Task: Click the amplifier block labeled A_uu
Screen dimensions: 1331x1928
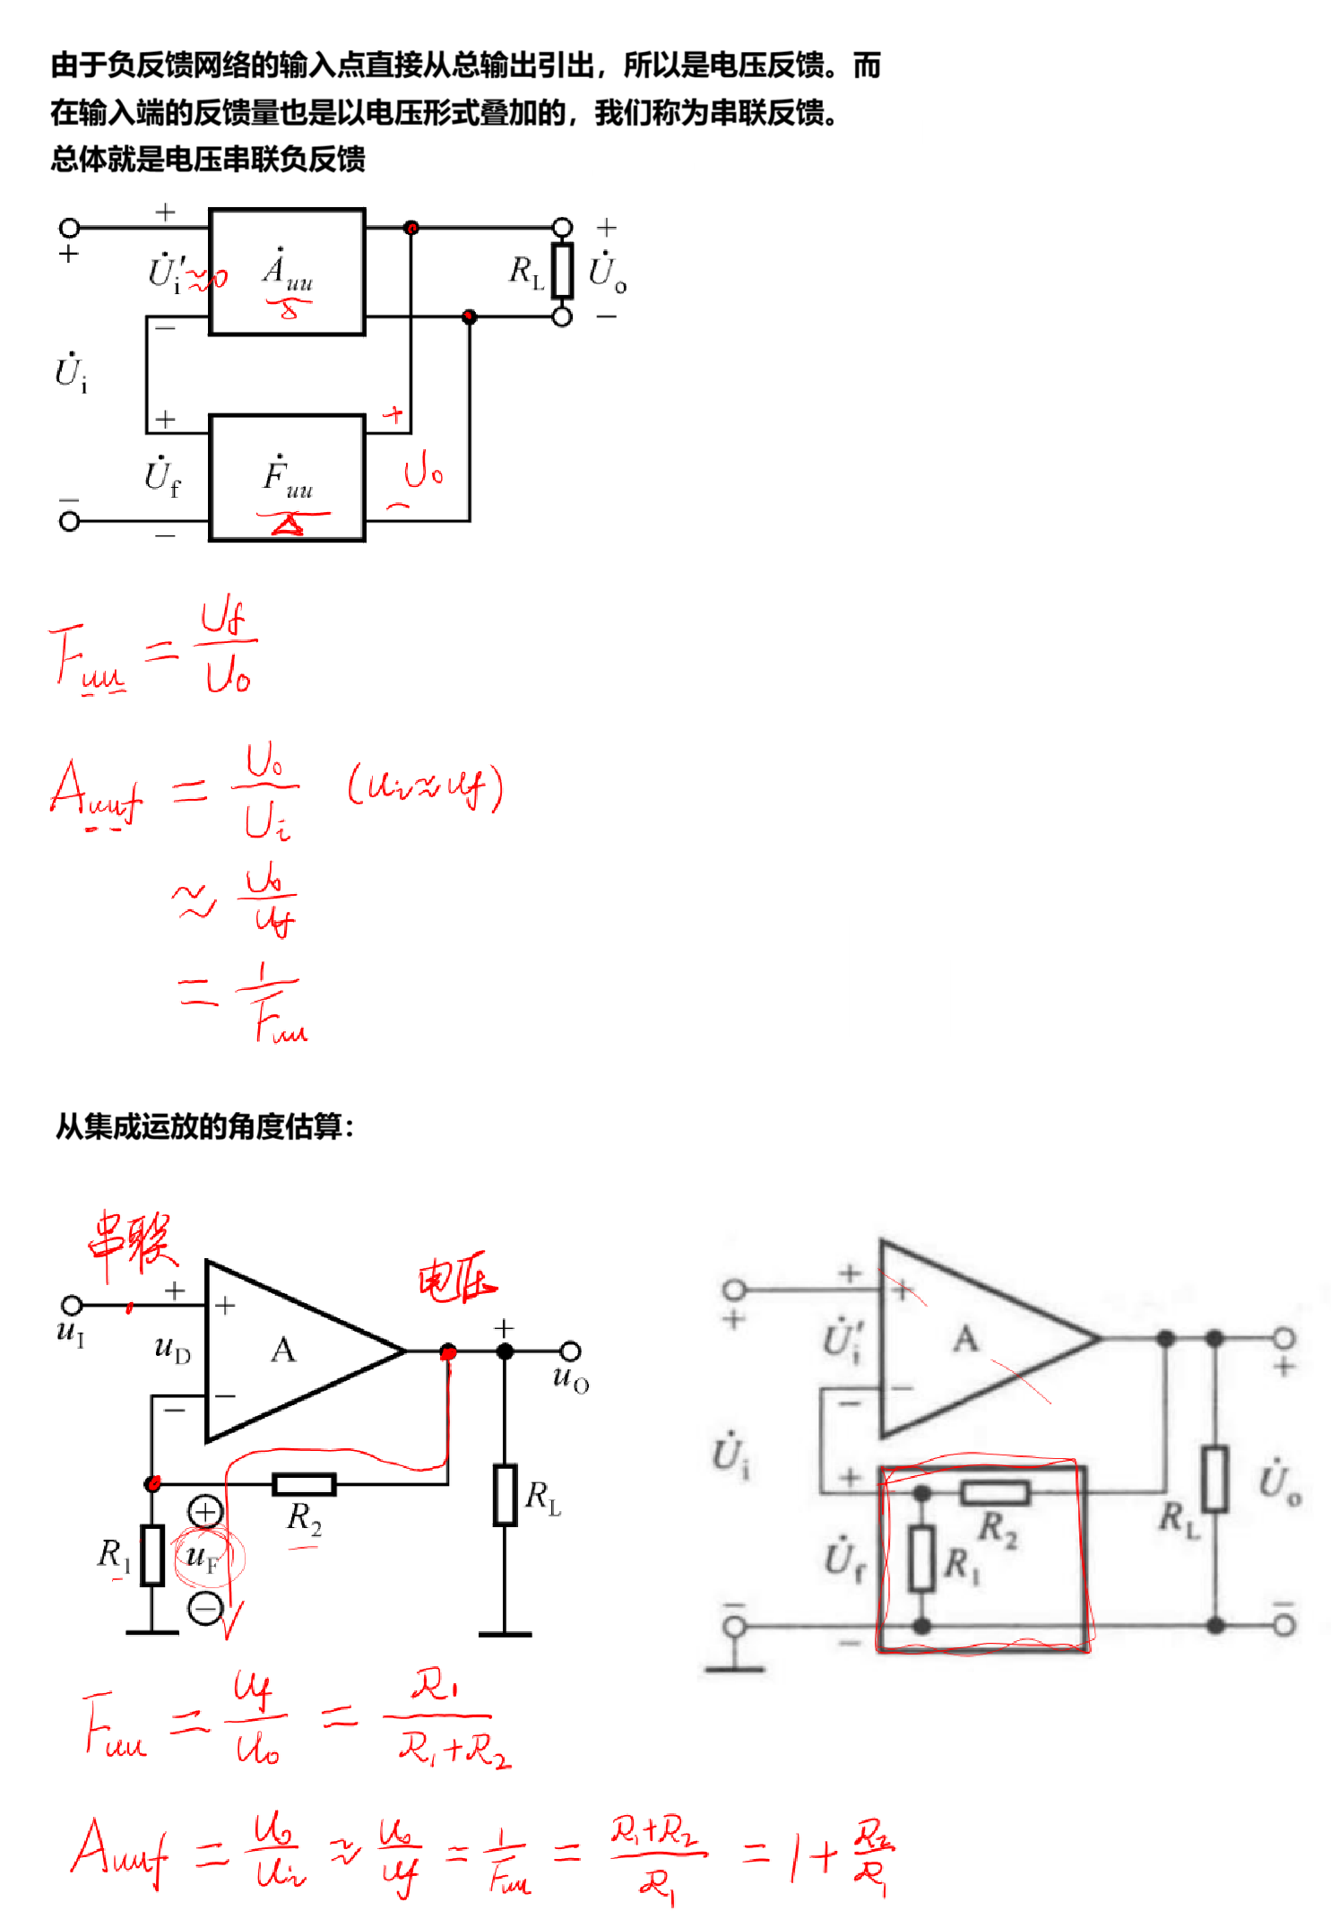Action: pos(287,272)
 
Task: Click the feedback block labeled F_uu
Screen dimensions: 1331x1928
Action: pos(287,478)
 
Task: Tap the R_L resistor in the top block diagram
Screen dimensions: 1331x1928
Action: pos(562,271)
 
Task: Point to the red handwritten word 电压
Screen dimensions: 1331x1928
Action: pos(456,1279)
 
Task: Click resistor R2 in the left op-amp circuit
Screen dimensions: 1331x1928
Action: pos(304,1484)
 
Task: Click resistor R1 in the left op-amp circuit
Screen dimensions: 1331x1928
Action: pos(153,1555)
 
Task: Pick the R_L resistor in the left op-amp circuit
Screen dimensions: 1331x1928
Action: pos(506,1495)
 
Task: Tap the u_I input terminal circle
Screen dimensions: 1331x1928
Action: pos(71,1304)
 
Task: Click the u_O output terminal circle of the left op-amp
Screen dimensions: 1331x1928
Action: pos(570,1350)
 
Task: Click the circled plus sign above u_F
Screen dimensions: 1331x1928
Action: pos(205,1512)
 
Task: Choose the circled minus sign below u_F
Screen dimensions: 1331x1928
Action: pos(205,1607)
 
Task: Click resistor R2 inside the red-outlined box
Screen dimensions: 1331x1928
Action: pos(995,1493)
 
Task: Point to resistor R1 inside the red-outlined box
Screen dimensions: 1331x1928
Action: pos(922,1559)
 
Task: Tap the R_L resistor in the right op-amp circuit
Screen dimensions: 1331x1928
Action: pos(1215,1479)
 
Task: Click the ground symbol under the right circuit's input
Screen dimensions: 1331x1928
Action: pos(735,1667)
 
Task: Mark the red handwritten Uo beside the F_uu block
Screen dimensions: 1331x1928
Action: pos(422,473)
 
